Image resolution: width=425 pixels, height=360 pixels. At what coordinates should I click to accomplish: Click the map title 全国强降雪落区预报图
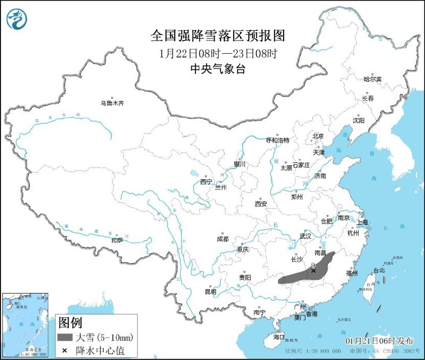tap(218, 36)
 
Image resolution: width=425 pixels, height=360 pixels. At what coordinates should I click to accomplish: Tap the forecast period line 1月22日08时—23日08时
tap(218, 54)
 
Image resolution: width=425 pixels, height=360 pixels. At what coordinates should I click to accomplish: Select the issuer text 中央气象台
tap(218, 69)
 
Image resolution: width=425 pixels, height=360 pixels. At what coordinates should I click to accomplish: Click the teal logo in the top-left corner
tap(17, 19)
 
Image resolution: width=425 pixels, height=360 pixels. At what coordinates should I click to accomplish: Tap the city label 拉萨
tap(117, 240)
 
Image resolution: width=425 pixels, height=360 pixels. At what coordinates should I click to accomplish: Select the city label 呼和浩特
tap(277, 140)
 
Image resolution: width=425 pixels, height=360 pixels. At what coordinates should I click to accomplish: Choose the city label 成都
tap(223, 239)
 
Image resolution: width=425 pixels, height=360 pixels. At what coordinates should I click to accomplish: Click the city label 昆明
tap(210, 291)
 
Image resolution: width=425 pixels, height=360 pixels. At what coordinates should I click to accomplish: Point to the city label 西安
tap(260, 204)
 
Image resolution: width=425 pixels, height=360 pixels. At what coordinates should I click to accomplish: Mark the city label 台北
tap(380, 270)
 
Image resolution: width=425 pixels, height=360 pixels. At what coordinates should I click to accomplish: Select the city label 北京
tap(318, 136)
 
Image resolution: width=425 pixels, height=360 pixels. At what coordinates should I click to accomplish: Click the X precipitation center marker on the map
tap(313, 271)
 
